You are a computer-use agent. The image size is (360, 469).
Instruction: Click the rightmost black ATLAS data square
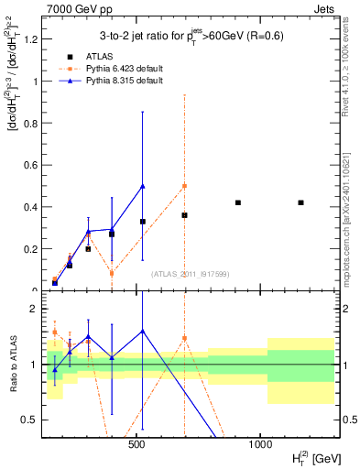[x=300, y=202]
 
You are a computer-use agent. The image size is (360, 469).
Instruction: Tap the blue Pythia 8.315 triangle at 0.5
[x=142, y=186]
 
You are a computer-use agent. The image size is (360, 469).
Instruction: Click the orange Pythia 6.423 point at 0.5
[x=184, y=186]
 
